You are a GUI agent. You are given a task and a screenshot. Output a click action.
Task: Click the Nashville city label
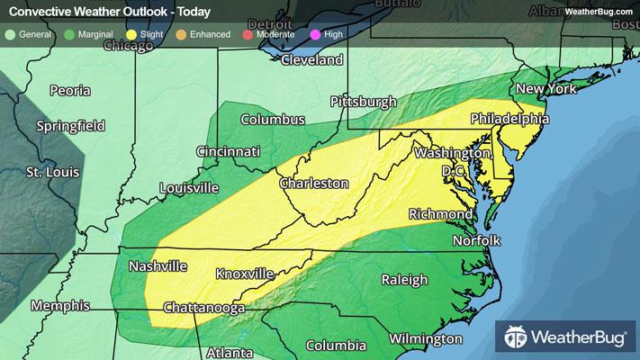click(x=158, y=266)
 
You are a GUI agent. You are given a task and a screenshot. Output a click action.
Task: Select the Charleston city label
click(x=313, y=183)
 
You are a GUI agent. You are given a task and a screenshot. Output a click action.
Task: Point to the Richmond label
click(x=440, y=214)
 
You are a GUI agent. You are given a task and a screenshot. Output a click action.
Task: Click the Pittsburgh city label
click(x=364, y=101)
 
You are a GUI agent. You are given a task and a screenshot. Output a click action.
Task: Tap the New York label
click(x=544, y=90)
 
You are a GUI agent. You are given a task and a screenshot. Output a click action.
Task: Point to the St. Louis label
click(x=53, y=171)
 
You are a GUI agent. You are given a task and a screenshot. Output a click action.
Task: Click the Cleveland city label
click(x=312, y=60)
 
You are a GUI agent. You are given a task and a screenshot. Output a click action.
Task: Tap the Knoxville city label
click(x=244, y=273)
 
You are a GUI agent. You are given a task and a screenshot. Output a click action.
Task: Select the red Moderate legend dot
click(x=248, y=34)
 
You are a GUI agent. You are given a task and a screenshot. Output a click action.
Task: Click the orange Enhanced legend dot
click(x=179, y=34)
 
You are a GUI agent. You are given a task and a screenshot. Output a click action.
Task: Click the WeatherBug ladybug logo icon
click(x=518, y=338)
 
